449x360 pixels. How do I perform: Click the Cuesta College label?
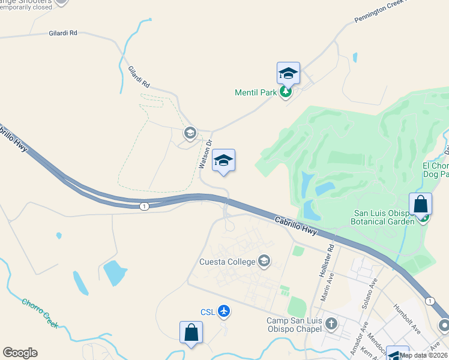click(228, 262)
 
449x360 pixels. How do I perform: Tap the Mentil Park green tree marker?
click(286, 92)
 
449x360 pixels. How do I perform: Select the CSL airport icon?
click(224, 310)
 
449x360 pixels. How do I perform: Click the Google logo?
click(20, 353)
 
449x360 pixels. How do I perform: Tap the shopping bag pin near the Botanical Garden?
click(421, 204)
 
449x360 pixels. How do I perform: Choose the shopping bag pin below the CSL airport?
click(191, 332)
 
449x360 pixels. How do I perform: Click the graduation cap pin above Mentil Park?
click(288, 74)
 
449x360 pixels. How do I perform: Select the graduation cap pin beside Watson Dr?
click(223, 160)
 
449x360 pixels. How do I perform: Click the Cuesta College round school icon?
click(264, 261)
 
